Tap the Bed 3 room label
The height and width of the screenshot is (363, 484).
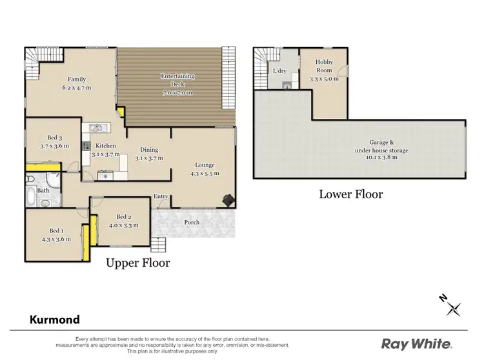[55, 137]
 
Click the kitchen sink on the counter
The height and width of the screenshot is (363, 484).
[97, 127]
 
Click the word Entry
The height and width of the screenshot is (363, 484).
[161, 197]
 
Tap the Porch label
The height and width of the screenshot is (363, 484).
[192, 222]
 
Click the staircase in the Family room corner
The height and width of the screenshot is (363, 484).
[33, 63]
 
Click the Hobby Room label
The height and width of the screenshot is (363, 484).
[324, 65]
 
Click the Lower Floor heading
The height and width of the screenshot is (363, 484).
[351, 194]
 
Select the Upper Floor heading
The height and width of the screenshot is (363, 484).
[137, 263]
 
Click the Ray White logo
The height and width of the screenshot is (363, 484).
[416, 344]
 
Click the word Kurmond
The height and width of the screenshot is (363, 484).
[55, 320]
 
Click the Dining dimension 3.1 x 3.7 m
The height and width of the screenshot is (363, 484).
[149, 158]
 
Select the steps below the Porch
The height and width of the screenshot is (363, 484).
[159, 245]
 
